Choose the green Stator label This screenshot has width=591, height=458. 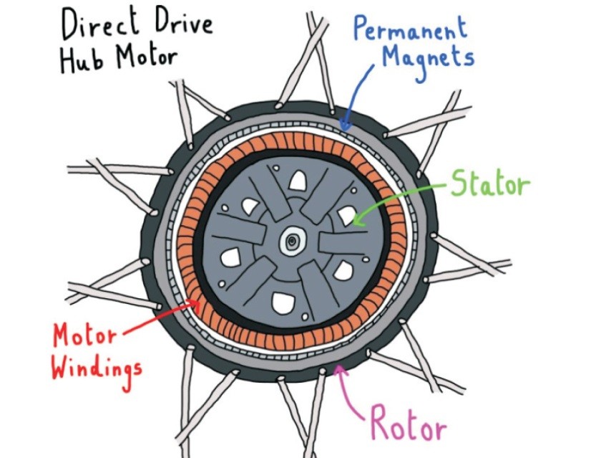(490, 185)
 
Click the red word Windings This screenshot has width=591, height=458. (97, 368)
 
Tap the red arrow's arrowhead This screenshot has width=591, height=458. (192, 305)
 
